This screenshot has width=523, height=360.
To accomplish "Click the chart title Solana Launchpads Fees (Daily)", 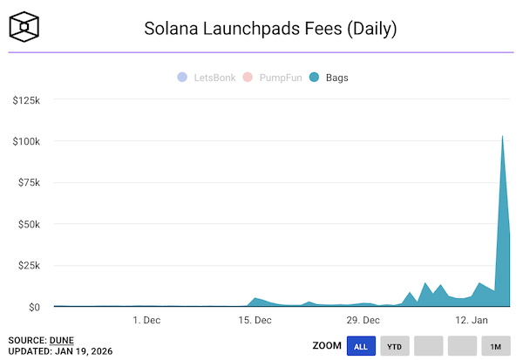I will (269, 29).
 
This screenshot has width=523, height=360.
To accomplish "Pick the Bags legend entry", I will (330, 78).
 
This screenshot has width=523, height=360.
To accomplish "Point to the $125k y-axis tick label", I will (25, 100).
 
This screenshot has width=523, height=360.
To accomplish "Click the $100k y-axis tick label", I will (25, 141).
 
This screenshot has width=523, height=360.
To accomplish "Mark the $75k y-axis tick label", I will (28, 183).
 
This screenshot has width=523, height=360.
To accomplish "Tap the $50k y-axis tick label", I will (28, 224).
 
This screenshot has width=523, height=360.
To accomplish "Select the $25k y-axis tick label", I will (28, 266).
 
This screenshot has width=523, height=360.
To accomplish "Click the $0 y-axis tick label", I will (32, 307).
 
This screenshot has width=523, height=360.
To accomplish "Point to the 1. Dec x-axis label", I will (146, 320).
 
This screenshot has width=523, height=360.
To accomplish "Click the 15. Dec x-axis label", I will (255, 320).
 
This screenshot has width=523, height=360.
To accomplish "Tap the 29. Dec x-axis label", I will (363, 320).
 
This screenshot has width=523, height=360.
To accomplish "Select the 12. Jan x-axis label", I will (472, 320).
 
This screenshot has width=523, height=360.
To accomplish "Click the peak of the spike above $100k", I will (502, 136).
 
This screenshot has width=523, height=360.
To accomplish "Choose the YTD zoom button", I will (395, 346).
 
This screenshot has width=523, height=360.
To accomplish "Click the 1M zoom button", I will (495, 346).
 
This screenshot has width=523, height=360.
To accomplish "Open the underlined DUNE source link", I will (60, 339).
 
